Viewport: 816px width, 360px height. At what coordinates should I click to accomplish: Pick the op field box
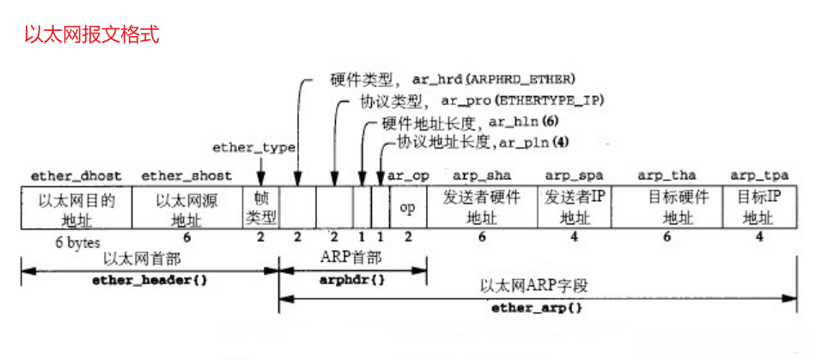408,207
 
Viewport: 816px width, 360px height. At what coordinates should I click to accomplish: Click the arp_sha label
482,176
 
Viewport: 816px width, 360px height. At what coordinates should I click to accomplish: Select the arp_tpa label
760,176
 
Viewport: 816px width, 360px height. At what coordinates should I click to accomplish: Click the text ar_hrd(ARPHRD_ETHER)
494,79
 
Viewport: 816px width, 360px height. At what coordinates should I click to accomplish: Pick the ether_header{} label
150,281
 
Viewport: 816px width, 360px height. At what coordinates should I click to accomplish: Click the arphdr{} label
353,281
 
